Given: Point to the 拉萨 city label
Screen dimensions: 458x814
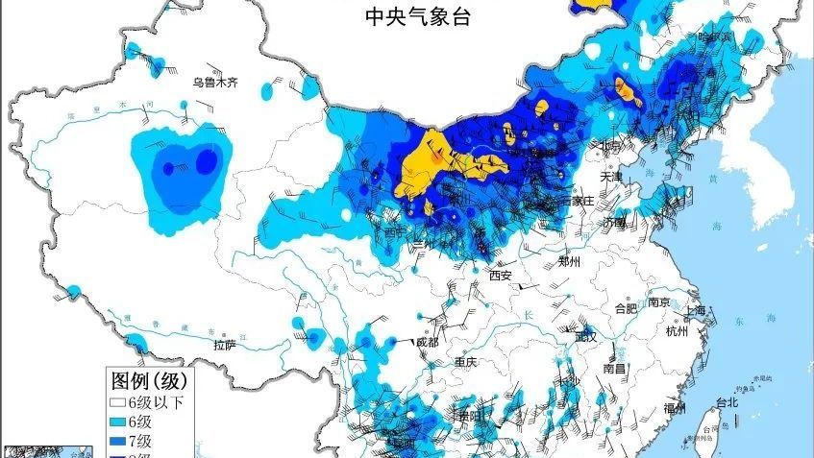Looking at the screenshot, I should pyautogui.click(x=224, y=345).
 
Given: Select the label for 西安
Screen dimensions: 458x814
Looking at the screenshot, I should pyautogui.click(x=500, y=276).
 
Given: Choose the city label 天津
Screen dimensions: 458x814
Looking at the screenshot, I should pyautogui.click(x=612, y=177).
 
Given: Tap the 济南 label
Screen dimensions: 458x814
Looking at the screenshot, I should pyautogui.click(x=615, y=222).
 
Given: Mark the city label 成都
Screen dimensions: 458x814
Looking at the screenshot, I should pyautogui.click(x=427, y=343).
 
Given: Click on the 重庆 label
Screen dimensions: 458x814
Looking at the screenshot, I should pyautogui.click(x=467, y=363).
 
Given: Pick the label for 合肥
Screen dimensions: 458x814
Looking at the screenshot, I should pyautogui.click(x=626, y=309).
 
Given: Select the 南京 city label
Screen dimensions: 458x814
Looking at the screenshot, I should pyautogui.click(x=659, y=302).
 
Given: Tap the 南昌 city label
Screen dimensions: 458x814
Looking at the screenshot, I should pyautogui.click(x=615, y=368).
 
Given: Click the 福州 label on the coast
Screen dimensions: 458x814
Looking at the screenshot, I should pyautogui.click(x=675, y=408).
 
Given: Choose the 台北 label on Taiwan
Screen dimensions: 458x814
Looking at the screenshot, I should pyautogui.click(x=727, y=402).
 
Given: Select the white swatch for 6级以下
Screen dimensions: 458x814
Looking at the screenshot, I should pyautogui.click(x=117, y=402).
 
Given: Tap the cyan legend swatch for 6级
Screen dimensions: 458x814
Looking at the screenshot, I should pyautogui.click(x=117, y=422).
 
